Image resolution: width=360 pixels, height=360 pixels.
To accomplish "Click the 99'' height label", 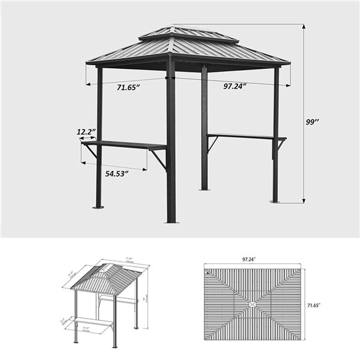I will (x=312, y=122).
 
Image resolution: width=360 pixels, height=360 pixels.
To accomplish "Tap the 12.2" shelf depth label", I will (x=85, y=131).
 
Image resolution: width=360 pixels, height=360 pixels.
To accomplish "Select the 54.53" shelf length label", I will (x=118, y=174).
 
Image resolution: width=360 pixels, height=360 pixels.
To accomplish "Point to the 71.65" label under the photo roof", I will (x=128, y=88).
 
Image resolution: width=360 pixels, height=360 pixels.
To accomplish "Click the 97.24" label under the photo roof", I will (x=235, y=86).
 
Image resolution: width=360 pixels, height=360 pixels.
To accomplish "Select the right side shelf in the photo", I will (x=246, y=137).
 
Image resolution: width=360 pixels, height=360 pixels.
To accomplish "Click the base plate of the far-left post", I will (x=98, y=208).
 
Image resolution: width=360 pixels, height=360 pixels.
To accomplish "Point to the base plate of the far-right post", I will (x=275, y=201).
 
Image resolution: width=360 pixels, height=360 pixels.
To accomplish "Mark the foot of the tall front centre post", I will (x=172, y=221).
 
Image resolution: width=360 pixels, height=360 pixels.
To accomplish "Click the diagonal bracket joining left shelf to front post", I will (x=159, y=158).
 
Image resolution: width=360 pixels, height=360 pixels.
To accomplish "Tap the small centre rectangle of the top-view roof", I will (x=251, y=304).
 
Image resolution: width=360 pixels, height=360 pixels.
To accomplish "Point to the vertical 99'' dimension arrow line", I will (x=303, y=114).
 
